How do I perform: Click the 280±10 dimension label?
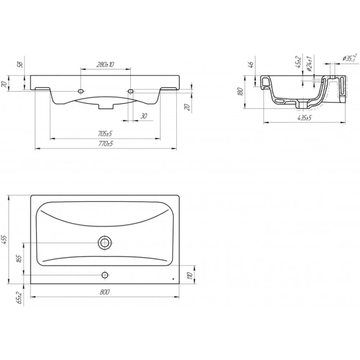pos(105,64)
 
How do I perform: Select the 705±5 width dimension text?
pos(105,133)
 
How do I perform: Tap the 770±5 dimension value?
pos(106,144)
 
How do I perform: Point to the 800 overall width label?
pos(105,292)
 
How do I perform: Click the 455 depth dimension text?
pos(5,240)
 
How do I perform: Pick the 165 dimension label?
pos(19,259)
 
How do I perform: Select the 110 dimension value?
pos(189,275)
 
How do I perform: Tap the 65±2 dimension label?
pos(20,298)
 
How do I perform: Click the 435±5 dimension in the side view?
pos(305,118)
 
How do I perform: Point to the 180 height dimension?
pos(240,92)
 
